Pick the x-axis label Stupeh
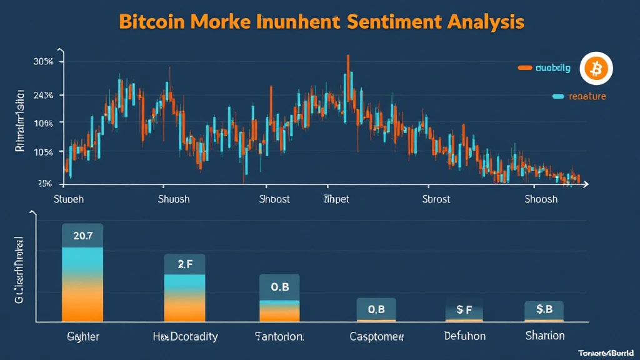(x=69, y=199)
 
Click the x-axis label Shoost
(x=274, y=199)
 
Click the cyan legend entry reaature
(x=585, y=96)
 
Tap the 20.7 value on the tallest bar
(x=82, y=236)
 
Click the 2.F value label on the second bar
(x=184, y=264)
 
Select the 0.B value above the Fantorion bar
(x=279, y=287)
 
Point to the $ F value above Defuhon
(x=464, y=309)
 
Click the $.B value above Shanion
(x=544, y=309)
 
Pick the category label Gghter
(x=83, y=337)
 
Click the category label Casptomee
(x=376, y=337)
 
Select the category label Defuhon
(x=464, y=337)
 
